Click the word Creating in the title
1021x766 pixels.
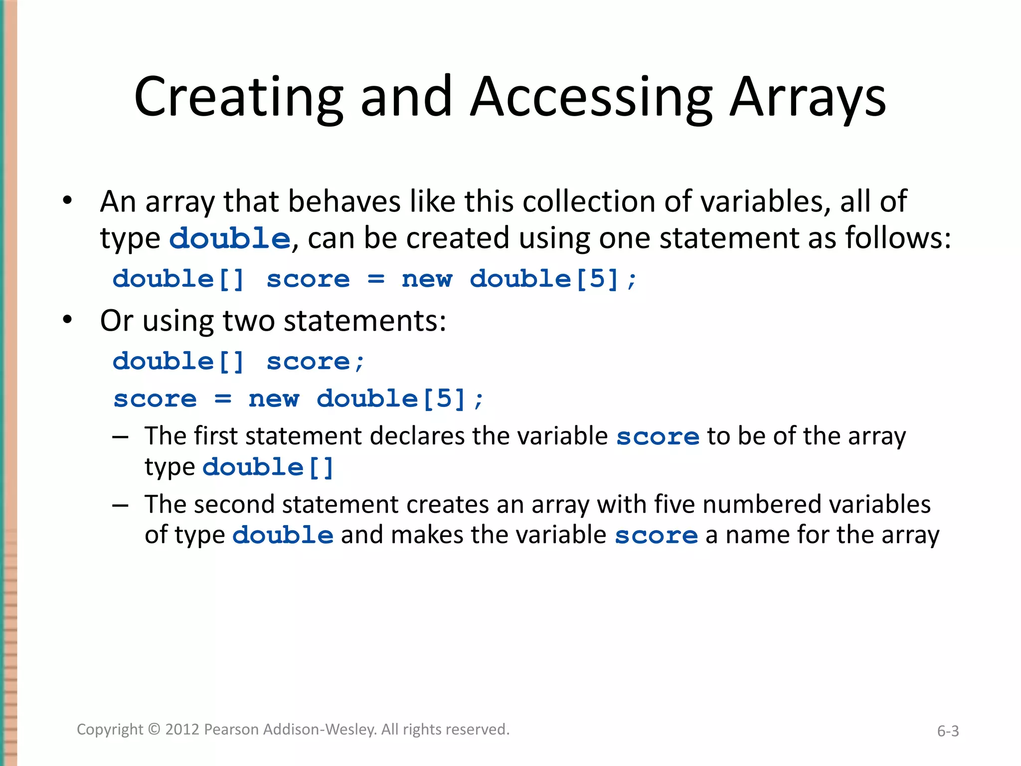click(x=239, y=97)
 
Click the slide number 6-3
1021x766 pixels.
click(x=948, y=731)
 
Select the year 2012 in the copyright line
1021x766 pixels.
click(x=182, y=729)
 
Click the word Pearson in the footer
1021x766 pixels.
click(x=232, y=729)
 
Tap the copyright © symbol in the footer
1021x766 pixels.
click(x=155, y=729)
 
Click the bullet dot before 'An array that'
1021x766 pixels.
click(x=67, y=201)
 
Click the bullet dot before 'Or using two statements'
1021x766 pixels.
click(x=67, y=320)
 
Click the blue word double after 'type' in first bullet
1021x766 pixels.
click(x=230, y=238)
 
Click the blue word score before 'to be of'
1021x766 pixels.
click(x=658, y=437)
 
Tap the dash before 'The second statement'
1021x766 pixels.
click(x=120, y=505)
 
